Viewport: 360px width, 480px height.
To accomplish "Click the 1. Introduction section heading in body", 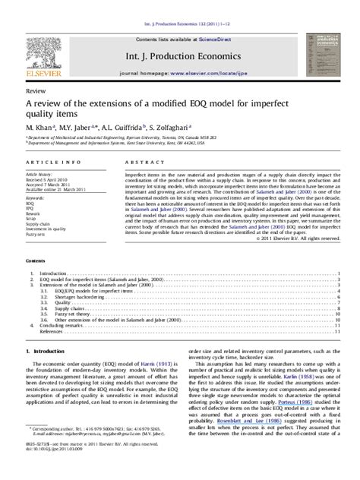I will click(x=49, y=352).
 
